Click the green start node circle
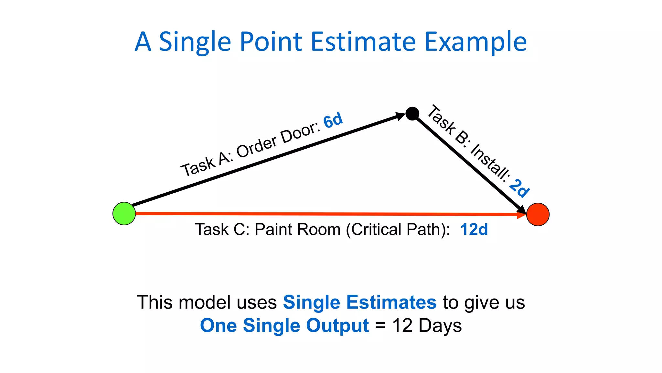click(x=124, y=214)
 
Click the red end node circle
click(x=538, y=214)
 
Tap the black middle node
click(x=412, y=114)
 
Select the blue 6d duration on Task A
click(x=333, y=120)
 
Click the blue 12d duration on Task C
click(x=474, y=230)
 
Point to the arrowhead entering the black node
click(x=400, y=116)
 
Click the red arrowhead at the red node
click(x=521, y=214)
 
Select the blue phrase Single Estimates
click(x=360, y=302)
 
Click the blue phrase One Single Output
click(x=284, y=325)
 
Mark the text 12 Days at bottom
click(x=427, y=325)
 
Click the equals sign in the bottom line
click(x=380, y=326)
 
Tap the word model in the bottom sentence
click(x=205, y=302)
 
